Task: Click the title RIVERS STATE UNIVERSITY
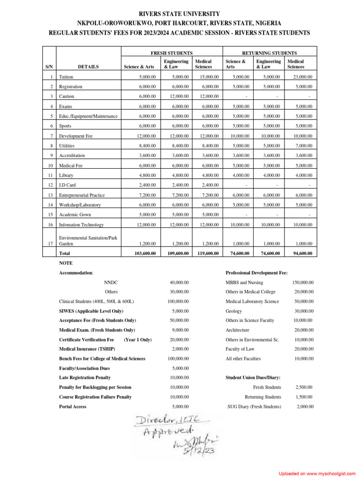tap(180, 14)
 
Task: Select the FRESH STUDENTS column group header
tap(171, 53)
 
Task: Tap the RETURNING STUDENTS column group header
tap(269, 53)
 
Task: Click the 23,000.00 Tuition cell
tap(302, 77)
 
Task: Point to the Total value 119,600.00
tap(207, 253)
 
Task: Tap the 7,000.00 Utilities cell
tap(303, 146)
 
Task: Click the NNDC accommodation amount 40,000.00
tap(179, 283)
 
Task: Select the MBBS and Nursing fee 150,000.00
tap(302, 283)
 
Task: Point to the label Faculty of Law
tap(241, 349)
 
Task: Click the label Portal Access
tap(73, 406)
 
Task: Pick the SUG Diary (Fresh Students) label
tap(254, 406)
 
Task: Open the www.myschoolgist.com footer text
tap(329, 474)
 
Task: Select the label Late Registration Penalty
tap(85, 377)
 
